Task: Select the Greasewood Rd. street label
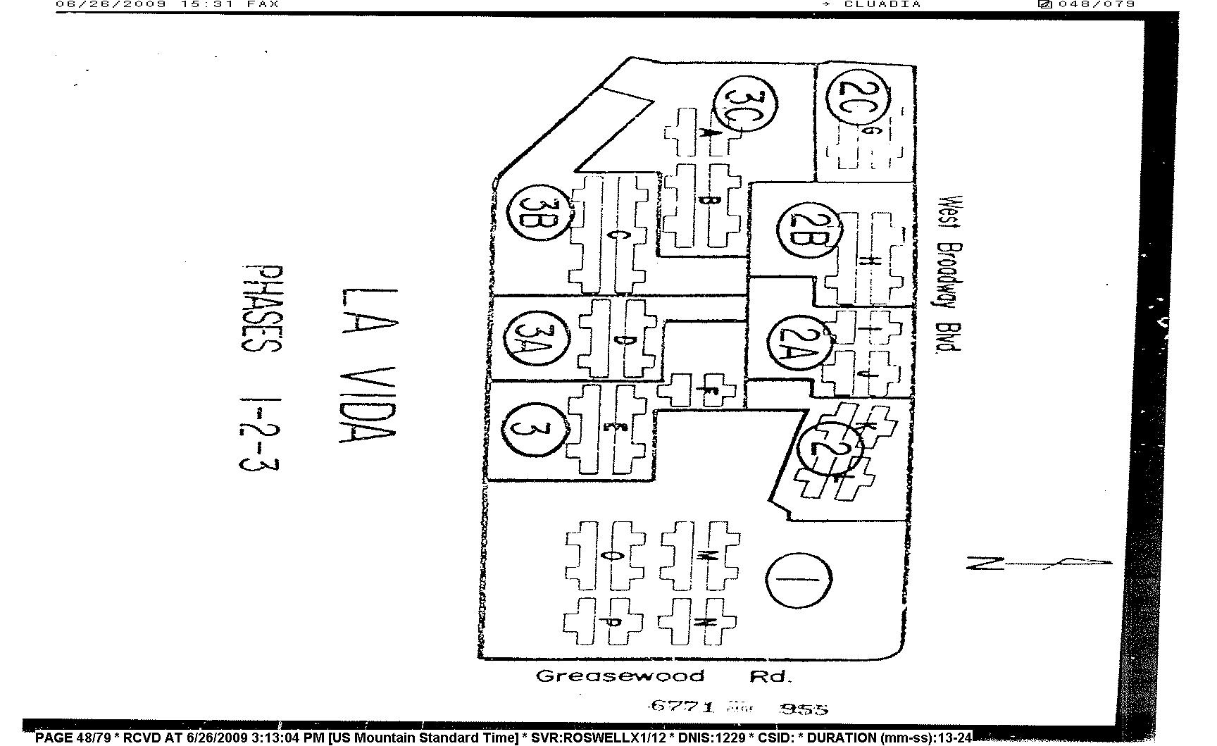664,677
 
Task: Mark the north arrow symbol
1038,563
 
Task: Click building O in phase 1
606,556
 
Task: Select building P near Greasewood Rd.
604,621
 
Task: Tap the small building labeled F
701,390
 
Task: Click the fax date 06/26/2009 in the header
111,4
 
